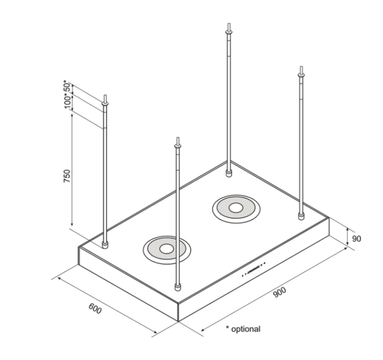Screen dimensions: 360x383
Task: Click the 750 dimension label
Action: pos(66,176)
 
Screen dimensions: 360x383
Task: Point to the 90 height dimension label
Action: pos(357,238)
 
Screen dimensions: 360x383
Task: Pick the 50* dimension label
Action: pos(66,87)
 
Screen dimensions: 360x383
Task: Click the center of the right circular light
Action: pos(236,209)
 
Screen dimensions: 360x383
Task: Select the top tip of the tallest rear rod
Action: pos(229,25)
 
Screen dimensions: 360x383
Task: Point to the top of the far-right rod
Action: pos(302,69)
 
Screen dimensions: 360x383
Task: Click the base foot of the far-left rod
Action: pos(105,244)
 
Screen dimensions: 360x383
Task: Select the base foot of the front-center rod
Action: pos(177,287)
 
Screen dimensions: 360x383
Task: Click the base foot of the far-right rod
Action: pos(302,216)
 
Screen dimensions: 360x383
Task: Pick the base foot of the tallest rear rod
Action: pos(229,174)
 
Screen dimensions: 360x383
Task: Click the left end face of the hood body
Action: pos(128,284)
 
